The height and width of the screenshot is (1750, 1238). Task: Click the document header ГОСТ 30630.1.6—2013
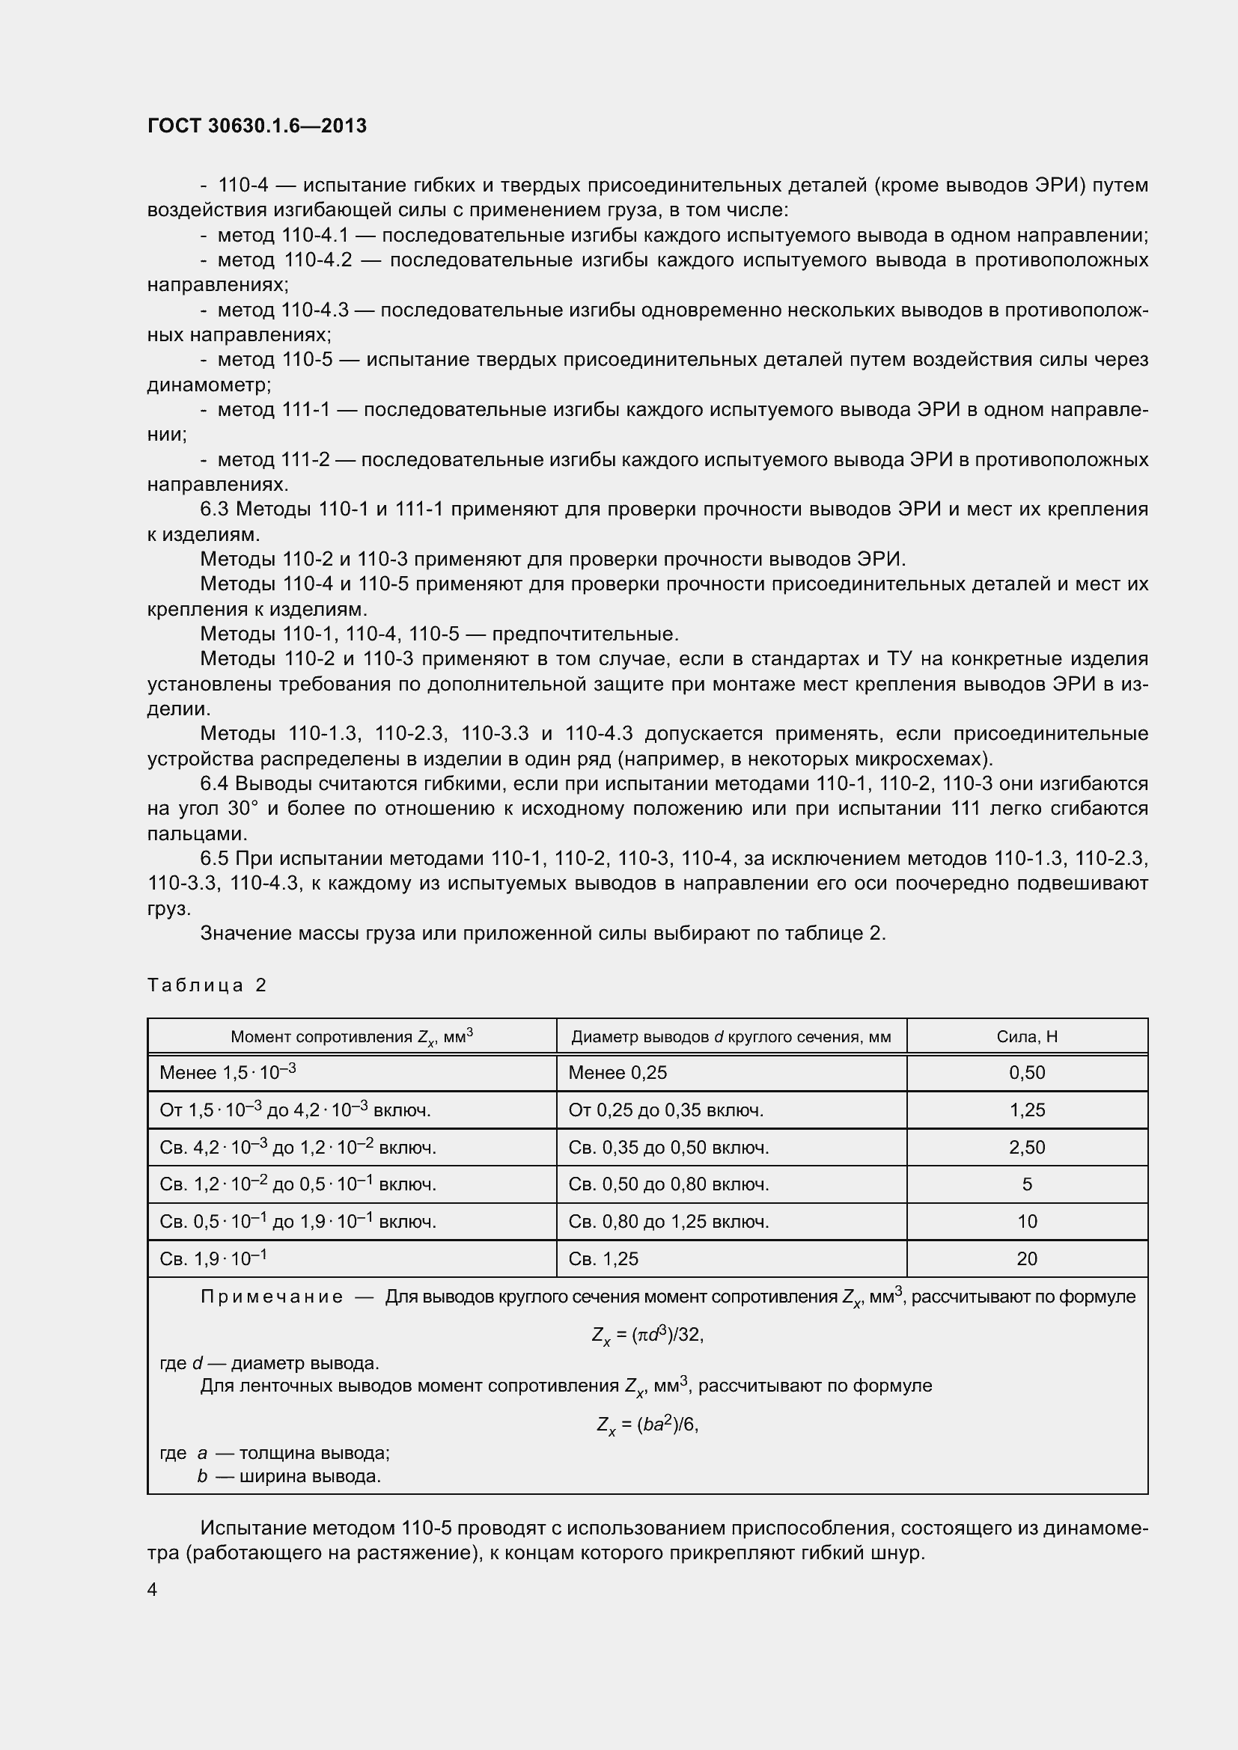coord(257,126)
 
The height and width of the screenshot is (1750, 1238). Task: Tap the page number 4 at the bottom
coord(153,1589)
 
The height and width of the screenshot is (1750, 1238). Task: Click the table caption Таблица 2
coord(207,985)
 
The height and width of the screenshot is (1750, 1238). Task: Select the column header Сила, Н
coord(1026,1036)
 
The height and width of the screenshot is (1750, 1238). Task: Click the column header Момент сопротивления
coord(352,1036)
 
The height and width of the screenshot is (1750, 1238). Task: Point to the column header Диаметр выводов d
coord(731,1036)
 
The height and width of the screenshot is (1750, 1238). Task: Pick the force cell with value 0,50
coord(1026,1072)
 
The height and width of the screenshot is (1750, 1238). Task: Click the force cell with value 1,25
coord(1026,1110)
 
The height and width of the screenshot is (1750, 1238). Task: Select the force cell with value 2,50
coord(1026,1147)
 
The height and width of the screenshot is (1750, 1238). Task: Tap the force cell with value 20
coord(1026,1258)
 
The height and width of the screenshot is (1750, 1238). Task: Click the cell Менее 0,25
coord(618,1072)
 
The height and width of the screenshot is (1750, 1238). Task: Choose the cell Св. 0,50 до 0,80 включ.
coord(668,1184)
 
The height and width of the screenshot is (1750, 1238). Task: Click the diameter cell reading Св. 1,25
coord(603,1258)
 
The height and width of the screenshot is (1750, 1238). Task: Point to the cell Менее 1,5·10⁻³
coord(228,1072)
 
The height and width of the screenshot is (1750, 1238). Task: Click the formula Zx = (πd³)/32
coord(647,1335)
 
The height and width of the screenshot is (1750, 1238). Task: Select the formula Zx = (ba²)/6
coord(647,1424)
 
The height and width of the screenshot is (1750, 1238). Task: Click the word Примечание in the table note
coord(272,1297)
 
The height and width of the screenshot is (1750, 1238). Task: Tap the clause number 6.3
coord(214,510)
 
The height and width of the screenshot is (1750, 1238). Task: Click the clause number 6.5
coord(214,858)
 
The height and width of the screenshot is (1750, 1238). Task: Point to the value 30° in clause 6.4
coord(243,809)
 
